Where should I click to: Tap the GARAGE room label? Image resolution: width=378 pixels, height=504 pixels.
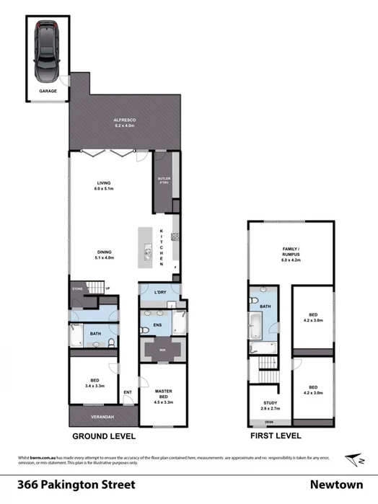[48, 92]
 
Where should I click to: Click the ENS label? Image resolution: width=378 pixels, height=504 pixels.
[157, 324]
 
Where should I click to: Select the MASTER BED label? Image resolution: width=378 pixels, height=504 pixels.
[163, 394]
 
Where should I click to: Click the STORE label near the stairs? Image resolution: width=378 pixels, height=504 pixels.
[78, 288]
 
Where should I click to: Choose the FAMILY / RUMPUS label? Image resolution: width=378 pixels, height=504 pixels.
[291, 252]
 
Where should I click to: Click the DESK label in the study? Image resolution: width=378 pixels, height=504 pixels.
[270, 421]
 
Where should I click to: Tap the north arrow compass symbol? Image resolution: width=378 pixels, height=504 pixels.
[353, 460]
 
